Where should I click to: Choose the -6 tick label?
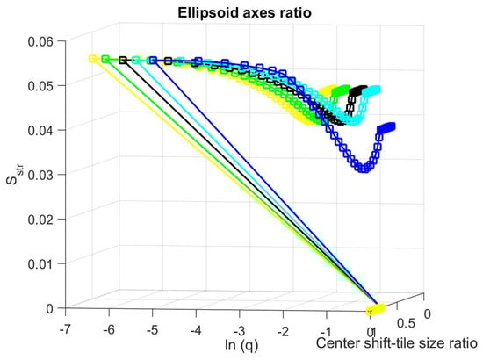pyautogui.click(x=108, y=327)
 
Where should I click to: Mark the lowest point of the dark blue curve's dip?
pyautogui.click(x=361, y=169)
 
